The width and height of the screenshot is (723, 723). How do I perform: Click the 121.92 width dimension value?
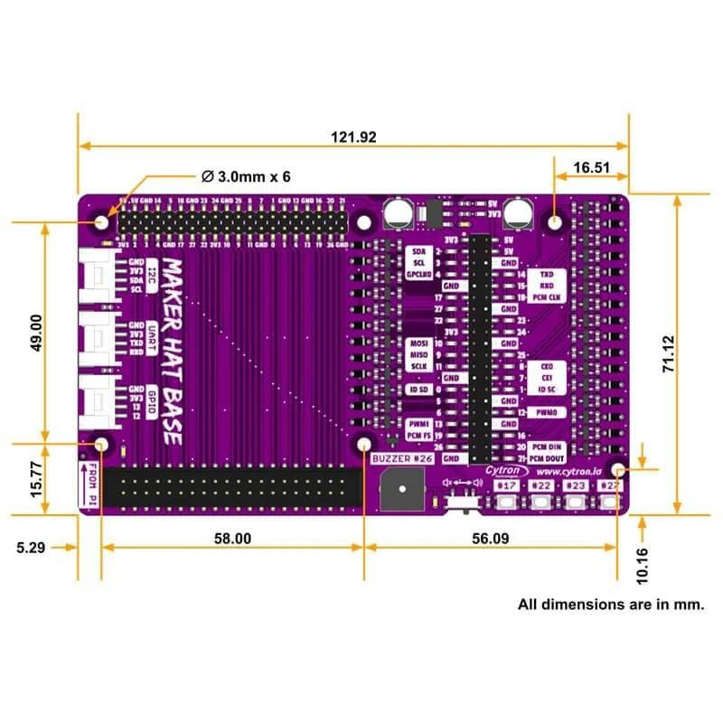353,137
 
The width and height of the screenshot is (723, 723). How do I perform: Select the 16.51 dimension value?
592,167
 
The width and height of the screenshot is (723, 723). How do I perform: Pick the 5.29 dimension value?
35,547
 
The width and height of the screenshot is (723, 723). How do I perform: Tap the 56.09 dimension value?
490,538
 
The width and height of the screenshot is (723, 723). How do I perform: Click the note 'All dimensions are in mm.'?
611,604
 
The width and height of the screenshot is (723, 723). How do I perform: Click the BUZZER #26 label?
402,459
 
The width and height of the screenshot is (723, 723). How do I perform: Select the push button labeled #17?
507,500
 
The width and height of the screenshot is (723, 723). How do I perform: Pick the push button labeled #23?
576,500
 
